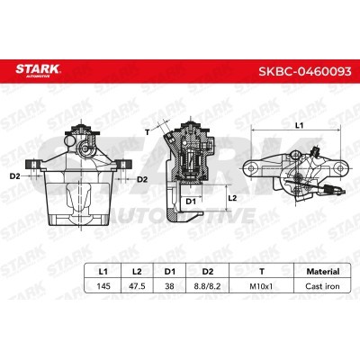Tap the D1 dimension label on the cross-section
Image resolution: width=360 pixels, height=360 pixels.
(189, 202)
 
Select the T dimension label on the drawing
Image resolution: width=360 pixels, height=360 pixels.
(148, 132)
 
